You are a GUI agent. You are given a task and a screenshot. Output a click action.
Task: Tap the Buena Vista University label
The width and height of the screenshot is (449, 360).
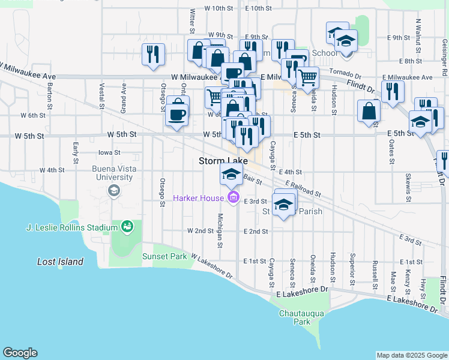click(x=112, y=173)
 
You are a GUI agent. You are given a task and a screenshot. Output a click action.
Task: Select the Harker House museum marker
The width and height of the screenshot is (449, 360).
click(x=234, y=197)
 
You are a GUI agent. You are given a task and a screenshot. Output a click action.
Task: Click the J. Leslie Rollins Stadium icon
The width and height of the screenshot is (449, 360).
click(x=127, y=227)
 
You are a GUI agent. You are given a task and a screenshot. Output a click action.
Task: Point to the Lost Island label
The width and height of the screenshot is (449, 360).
click(x=60, y=262)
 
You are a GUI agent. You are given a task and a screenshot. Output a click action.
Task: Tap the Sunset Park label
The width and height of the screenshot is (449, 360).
click(x=164, y=256)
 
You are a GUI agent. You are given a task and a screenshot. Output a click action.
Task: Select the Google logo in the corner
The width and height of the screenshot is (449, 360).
click(x=20, y=353)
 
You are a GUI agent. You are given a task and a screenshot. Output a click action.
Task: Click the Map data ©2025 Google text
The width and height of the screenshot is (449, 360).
click(x=412, y=355)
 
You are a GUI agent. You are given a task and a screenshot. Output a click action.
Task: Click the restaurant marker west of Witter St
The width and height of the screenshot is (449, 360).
click(x=153, y=54)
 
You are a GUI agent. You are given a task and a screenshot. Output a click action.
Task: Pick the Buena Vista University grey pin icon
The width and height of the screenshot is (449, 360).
click(x=112, y=191)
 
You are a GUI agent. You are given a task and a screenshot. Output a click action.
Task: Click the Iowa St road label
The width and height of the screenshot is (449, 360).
click(x=109, y=152)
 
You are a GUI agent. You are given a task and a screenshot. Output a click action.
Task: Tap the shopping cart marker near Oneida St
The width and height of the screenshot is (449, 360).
click(x=308, y=76)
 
